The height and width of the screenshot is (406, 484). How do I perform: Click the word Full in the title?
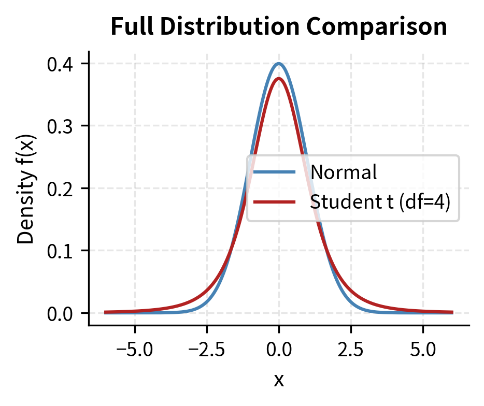129,27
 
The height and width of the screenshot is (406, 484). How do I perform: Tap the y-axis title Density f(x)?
27,188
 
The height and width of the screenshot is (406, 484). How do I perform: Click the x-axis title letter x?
279,380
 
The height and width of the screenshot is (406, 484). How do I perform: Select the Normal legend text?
343,172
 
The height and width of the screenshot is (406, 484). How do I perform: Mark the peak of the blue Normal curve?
279,64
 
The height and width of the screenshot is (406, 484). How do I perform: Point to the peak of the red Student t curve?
279,79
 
